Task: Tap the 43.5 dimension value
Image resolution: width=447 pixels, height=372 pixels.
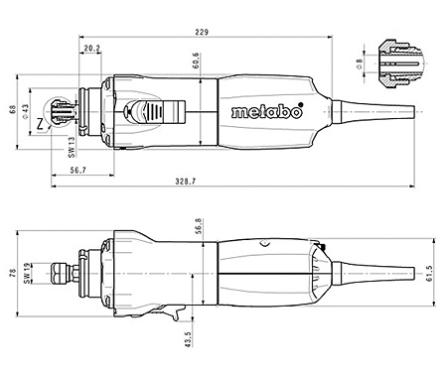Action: click(189, 336)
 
